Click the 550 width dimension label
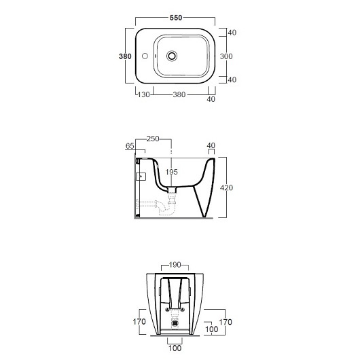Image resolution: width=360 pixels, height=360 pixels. coord(176,18)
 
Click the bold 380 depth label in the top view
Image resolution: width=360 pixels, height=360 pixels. coord(125,56)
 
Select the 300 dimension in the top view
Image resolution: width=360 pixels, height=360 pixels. coord(226,56)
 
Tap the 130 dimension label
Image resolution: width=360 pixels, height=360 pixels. coord(143,94)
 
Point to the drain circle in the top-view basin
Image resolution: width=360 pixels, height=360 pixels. coord(172,56)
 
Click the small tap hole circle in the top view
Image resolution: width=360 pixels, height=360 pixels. coord(145,56)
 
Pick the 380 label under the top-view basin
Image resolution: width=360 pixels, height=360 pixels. coord(179,94)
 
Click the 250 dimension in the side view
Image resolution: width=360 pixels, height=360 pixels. coord(153,139)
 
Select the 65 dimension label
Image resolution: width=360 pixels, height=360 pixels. coord(130,146)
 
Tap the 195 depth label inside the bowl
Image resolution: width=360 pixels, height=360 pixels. coord(171,172)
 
